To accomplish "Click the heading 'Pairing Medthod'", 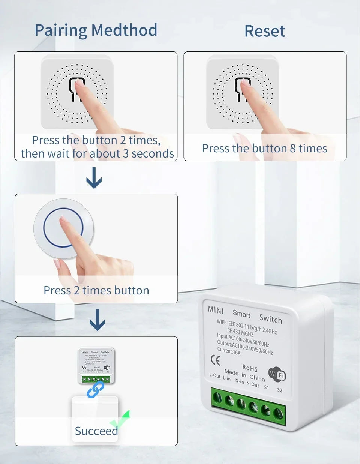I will (x=96, y=30).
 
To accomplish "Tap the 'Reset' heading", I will (x=265, y=31).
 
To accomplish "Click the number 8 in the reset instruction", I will (x=293, y=149).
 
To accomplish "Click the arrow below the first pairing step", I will (x=94, y=178).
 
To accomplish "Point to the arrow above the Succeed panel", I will (x=97, y=320).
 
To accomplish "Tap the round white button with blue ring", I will (x=63, y=228).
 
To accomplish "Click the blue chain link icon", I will (x=95, y=390).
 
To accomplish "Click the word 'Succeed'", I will (x=96, y=431).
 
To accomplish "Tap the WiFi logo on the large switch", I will (x=277, y=374).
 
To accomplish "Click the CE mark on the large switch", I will (x=216, y=360).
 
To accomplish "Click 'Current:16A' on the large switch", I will (x=229, y=351).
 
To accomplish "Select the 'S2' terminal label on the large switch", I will (x=280, y=390).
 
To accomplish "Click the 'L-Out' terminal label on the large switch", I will (x=215, y=375).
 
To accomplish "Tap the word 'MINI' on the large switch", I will (x=216, y=310).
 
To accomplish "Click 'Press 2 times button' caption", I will (x=96, y=291).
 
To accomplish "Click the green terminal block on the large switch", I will (x=248, y=405).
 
